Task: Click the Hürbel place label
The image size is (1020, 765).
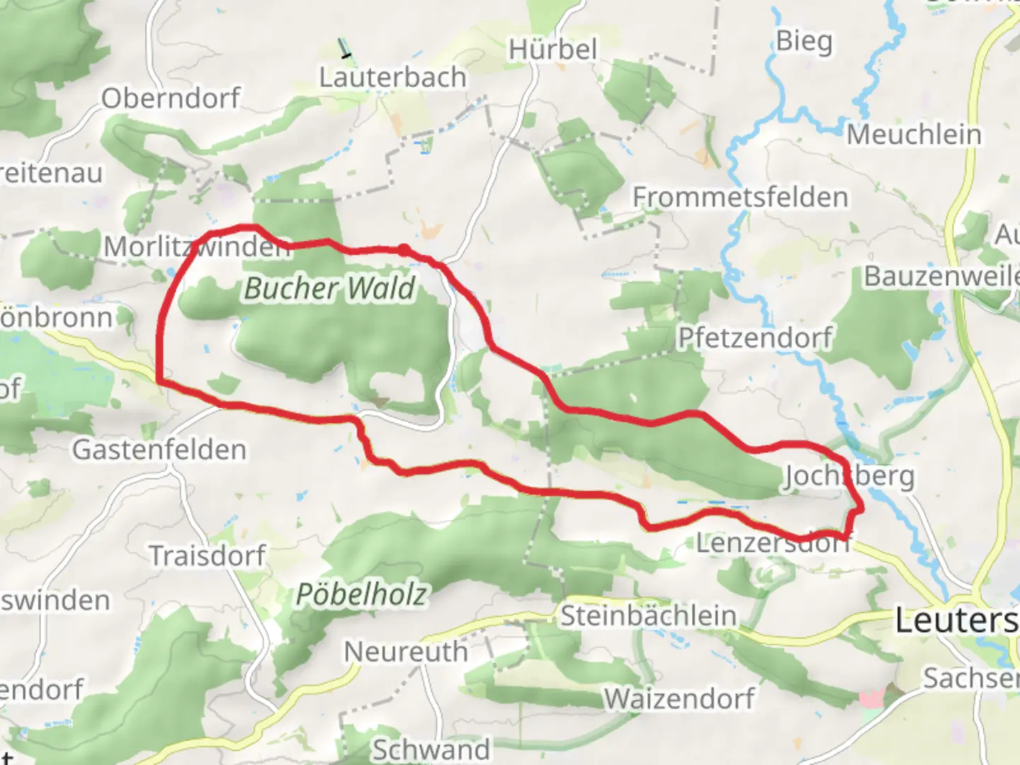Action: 552,50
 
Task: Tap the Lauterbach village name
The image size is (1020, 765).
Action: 392,77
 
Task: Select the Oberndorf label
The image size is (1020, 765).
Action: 171,98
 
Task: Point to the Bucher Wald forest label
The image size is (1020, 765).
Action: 329,288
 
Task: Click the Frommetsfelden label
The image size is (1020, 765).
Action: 740,197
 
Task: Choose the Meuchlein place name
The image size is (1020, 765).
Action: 914,135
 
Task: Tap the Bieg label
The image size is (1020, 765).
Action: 804,41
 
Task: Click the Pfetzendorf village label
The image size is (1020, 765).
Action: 755,338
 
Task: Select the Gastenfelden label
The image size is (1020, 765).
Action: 159,449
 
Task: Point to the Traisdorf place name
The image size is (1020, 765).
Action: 208,555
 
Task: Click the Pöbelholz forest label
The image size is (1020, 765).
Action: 361,594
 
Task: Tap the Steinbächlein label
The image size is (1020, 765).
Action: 648,616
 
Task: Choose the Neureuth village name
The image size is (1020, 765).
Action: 406,652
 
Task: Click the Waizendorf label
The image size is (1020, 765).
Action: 679,699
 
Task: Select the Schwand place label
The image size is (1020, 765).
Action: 431,749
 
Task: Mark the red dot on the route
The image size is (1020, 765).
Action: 403,249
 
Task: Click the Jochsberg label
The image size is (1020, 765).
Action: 849,477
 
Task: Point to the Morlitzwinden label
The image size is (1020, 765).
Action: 197,246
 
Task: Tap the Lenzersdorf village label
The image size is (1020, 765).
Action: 772,543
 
